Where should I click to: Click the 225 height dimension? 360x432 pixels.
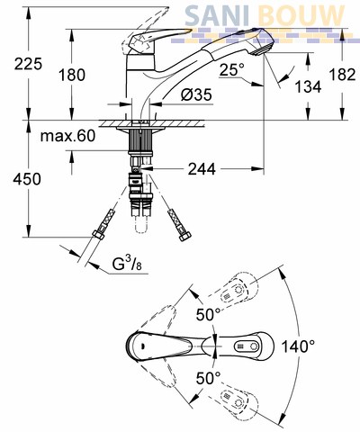[x=29, y=64]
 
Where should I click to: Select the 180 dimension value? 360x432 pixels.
[x=72, y=75]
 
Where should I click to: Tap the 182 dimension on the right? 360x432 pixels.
[x=342, y=74]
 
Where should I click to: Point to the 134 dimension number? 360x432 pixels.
[x=308, y=87]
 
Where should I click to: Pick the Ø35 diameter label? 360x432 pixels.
[x=196, y=94]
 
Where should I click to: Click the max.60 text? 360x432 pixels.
[x=67, y=136]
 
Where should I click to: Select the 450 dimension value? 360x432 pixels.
[x=27, y=179]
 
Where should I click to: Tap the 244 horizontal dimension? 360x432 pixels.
[x=202, y=169]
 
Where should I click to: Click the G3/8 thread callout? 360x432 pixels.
[x=127, y=265]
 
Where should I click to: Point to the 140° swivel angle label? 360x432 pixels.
[x=298, y=346]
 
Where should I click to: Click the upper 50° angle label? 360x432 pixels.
[x=208, y=314]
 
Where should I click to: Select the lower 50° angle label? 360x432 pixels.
[x=208, y=378]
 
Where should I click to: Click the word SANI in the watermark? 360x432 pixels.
[x=217, y=15]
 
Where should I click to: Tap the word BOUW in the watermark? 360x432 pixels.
[x=301, y=15]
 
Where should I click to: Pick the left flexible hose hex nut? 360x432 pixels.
[x=98, y=235]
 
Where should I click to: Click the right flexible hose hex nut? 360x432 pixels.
[x=184, y=236]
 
